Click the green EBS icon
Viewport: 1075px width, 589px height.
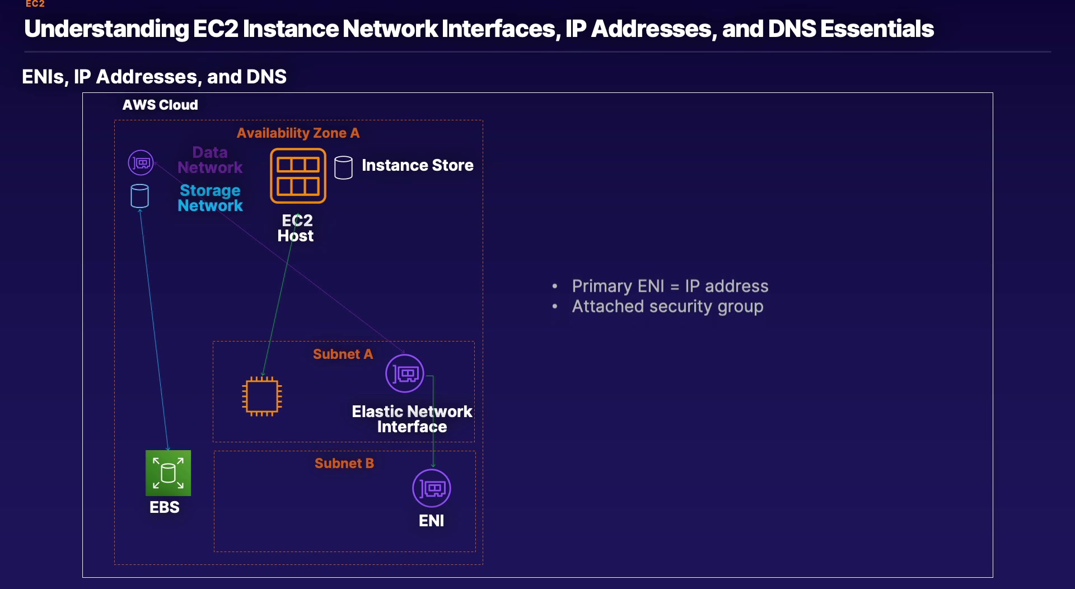point(168,473)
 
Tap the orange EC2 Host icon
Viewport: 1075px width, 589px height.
point(298,176)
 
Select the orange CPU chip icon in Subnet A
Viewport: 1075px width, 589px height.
point(261,396)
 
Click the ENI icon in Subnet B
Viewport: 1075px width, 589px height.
point(432,488)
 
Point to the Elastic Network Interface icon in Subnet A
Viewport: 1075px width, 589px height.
point(405,373)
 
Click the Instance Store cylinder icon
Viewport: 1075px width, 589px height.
point(343,167)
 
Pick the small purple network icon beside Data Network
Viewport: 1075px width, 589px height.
point(141,163)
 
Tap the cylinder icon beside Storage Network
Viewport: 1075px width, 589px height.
point(139,196)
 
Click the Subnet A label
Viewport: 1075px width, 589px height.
point(343,354)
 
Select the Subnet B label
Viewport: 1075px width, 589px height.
point(344,464)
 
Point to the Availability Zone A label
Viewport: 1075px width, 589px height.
point(298,133)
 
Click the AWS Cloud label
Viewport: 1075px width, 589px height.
point(160,105)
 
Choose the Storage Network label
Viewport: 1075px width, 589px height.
point(210,198)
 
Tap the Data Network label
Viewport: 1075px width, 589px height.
point(210,160)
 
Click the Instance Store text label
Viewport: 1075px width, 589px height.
point(417,166)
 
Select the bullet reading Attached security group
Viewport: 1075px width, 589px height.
point(667,307)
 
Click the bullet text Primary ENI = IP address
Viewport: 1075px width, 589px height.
point(670,287)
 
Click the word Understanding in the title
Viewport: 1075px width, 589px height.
point(106,29)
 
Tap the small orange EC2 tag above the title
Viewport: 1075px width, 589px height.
point(35,4)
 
